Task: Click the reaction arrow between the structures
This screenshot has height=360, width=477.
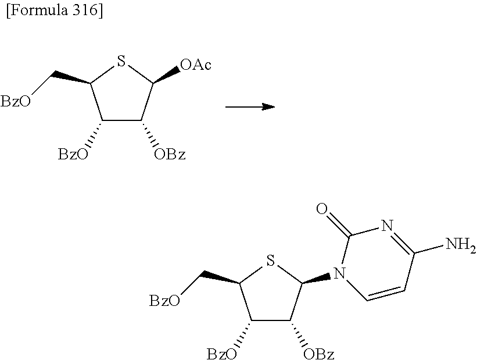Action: pos(249,107)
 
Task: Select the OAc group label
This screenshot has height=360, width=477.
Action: pos(195,65)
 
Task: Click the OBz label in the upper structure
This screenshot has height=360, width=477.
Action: pos(170,155)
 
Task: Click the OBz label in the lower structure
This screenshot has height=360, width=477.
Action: pos(319,352)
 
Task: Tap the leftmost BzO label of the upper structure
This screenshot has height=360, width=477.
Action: pos(14,102)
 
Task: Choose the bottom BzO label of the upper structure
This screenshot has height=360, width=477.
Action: pos(74,155)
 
